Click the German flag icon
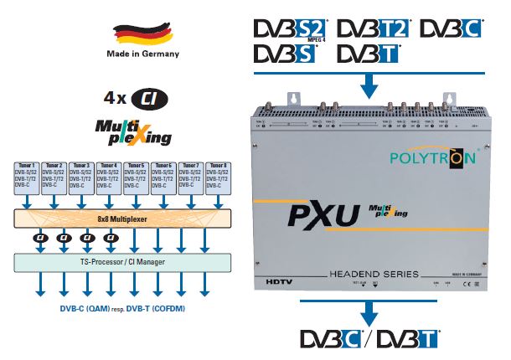[x=142, y=34]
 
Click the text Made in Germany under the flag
[x=142, y=55]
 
